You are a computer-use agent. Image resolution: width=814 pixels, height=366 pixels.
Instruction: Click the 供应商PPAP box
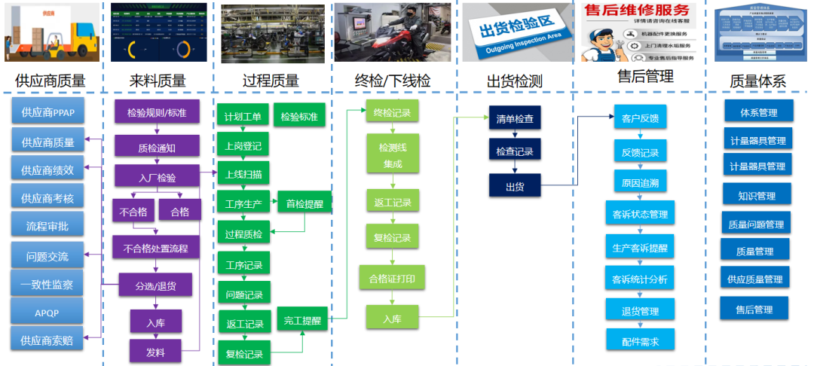click(47, 112)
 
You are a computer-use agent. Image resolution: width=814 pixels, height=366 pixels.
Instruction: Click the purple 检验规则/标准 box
click(157, 112)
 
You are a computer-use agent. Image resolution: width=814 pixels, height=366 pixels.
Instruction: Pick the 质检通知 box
click(157, 148)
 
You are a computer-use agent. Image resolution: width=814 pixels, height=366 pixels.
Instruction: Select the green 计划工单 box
click(243, 116)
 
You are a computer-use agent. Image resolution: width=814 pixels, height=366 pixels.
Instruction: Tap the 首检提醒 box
click(304, 203)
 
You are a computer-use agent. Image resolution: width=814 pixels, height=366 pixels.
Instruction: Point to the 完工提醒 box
click(302, 320)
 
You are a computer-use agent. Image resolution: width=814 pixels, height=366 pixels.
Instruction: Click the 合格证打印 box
click(392, 278)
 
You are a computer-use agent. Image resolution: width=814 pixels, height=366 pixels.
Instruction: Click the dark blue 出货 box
click(515, 186)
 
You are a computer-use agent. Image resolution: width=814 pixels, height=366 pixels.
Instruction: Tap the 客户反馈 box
click(640, 118)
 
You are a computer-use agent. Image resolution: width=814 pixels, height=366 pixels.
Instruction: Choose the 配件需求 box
click(640, 341)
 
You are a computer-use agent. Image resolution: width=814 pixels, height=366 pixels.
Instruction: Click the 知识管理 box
click(756, 195)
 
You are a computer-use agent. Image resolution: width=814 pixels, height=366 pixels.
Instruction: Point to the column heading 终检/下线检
click(393, 81)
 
